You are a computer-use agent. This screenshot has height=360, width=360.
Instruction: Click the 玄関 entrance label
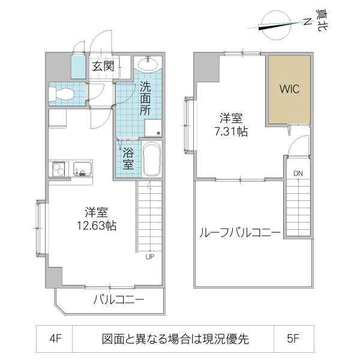point(103,66)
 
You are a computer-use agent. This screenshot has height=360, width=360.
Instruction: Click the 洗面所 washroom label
point(145,98)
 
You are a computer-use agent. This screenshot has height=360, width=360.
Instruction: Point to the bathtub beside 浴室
point(152,159)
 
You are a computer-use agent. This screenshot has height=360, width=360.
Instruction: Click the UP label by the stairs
point(149,259)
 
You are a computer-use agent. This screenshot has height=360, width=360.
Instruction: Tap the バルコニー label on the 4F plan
point(118,300)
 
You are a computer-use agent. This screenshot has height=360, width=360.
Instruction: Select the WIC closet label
point(289,89)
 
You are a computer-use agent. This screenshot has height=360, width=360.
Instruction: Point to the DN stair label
point(298,174)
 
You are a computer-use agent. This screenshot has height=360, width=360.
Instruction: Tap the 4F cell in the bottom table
point(55,339)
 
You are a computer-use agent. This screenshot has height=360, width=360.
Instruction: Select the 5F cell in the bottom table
point(292,339)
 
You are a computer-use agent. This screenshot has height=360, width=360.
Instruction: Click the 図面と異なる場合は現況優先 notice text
point(174,339)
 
